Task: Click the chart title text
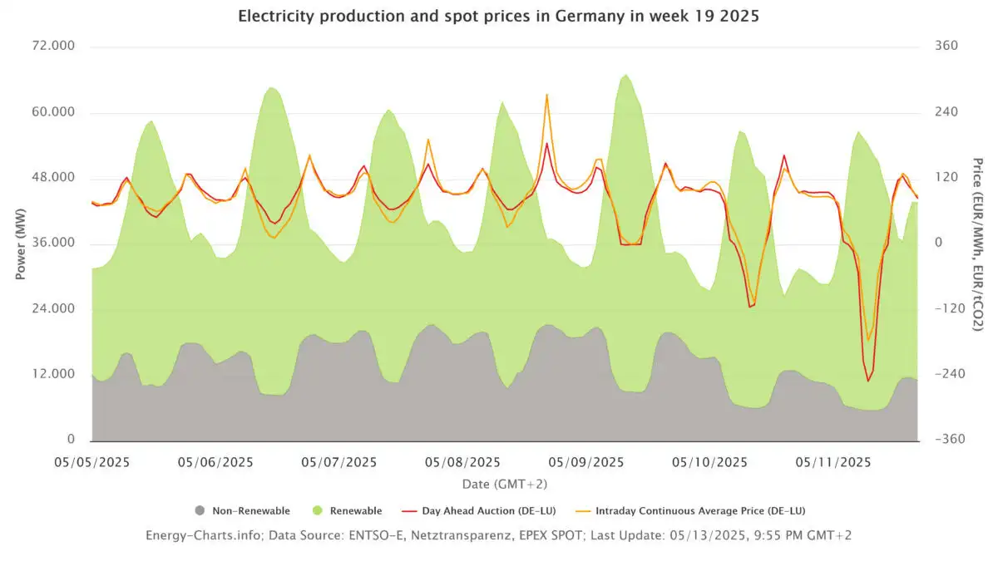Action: [x=498, y=16]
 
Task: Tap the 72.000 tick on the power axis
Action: [x=52, y=47]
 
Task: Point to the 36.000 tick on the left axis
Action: [x=52, y=244]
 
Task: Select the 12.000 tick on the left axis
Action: [x=52, y=374]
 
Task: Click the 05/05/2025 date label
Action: [x=92, y=462]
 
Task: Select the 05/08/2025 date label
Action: [x=462, y=462]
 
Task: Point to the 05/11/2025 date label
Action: [x=832, y=462]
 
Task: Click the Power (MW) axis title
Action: [x=20, y=244]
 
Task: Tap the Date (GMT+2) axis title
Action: [x=505, y=483]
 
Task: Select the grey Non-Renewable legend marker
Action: [x=199, y=510]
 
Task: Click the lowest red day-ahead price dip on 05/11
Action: [x=868, y=381]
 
